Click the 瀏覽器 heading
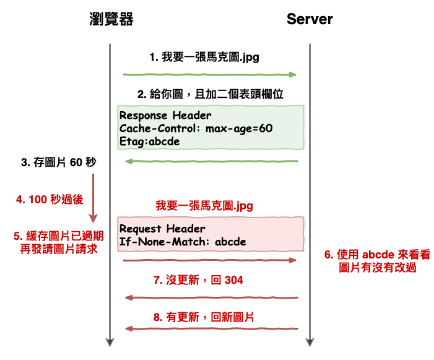tap(111, 19)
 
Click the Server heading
tap(310, 19)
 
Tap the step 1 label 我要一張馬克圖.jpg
tap(204, 58)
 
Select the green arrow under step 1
tap(210, 74)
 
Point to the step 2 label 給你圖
tap(210, 95)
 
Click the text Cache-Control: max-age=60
tap(196, 128)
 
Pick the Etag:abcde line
tap(150, 141)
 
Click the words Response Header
tap(165, 115)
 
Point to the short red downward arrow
tap(93, 198)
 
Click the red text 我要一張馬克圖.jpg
tap(204, 205)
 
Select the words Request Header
tap(162, 228)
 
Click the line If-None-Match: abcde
tap(183, 242)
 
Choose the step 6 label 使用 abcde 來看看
tap(377, 255)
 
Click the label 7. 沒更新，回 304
tap(197, 280)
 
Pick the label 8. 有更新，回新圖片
tap(204, 317)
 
